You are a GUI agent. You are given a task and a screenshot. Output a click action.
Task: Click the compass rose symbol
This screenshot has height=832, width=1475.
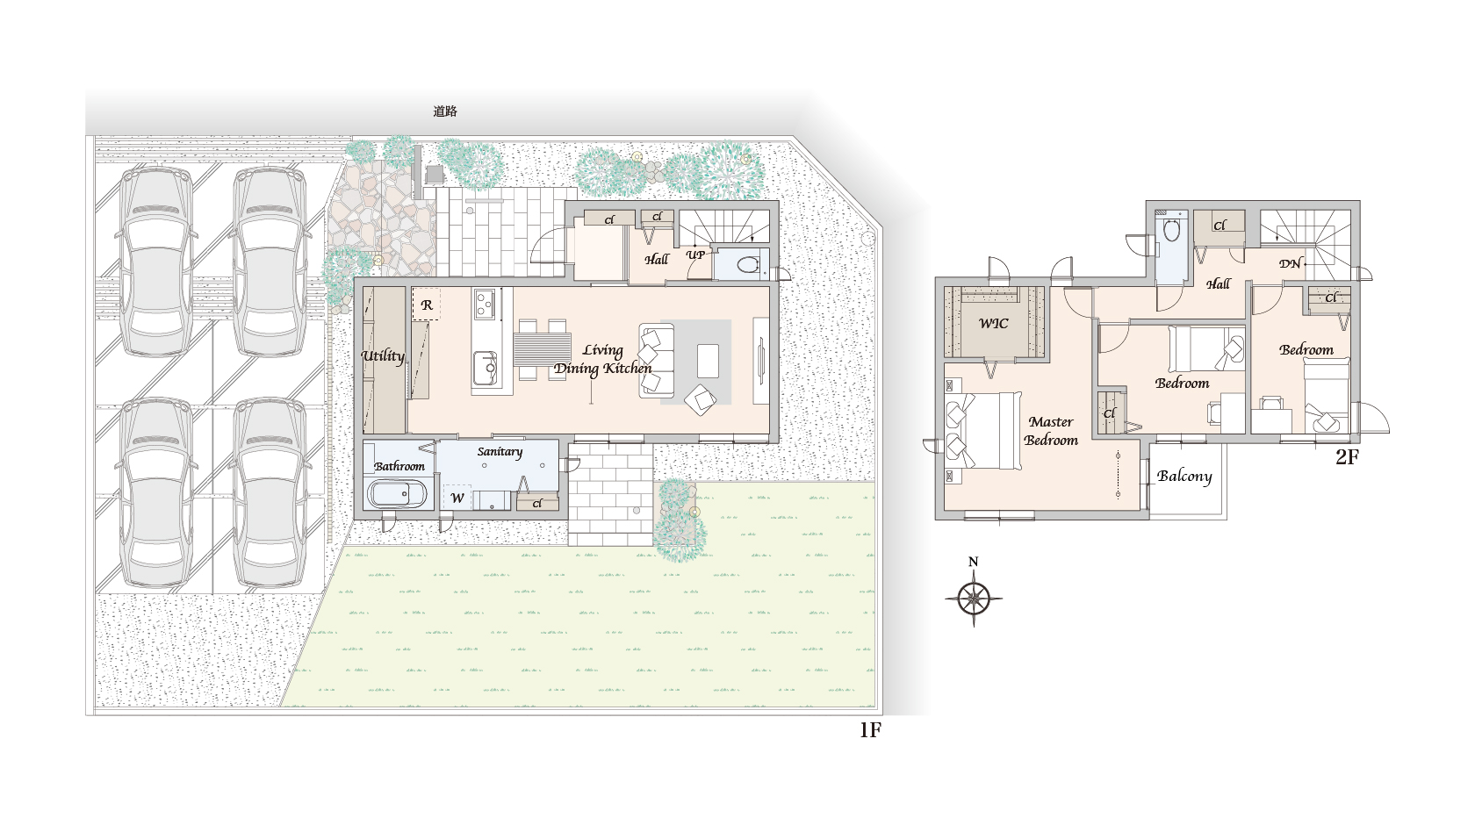point(973,599)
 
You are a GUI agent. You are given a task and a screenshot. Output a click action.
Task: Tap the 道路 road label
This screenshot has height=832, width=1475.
point(445,111)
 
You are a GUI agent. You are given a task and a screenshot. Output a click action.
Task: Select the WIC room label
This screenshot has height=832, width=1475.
point(993,323)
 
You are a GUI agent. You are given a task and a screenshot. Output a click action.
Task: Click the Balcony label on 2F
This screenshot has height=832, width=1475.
point(1184,476)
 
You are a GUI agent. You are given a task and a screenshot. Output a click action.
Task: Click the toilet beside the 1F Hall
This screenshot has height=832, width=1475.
point(746,265)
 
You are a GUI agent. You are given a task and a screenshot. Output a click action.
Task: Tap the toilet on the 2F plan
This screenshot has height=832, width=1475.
point(1171,231)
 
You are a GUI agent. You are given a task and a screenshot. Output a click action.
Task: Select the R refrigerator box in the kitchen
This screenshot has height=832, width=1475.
point(426,305)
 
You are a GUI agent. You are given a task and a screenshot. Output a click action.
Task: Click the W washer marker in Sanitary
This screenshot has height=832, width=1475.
point(457,498)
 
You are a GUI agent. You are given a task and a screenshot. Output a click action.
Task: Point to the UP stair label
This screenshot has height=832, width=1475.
point(695,255)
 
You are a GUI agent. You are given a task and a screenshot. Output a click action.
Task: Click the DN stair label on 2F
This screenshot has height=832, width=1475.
point(1290,264)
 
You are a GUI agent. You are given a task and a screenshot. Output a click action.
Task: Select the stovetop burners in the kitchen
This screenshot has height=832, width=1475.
point(484,305)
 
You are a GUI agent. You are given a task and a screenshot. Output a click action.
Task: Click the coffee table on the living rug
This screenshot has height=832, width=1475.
point(708,360)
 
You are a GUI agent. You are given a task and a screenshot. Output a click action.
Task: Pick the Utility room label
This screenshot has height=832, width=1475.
point(383,356)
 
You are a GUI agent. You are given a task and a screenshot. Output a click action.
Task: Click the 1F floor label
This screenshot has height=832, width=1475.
point(870,729)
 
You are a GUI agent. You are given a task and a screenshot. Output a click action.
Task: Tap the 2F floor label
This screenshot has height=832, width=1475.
point(1347,456)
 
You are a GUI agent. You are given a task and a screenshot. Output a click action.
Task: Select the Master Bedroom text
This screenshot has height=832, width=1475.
point(1051,431)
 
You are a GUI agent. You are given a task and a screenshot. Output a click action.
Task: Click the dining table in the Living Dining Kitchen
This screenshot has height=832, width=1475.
point(542,349)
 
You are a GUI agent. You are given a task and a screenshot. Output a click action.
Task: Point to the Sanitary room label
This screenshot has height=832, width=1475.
point(500,452)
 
